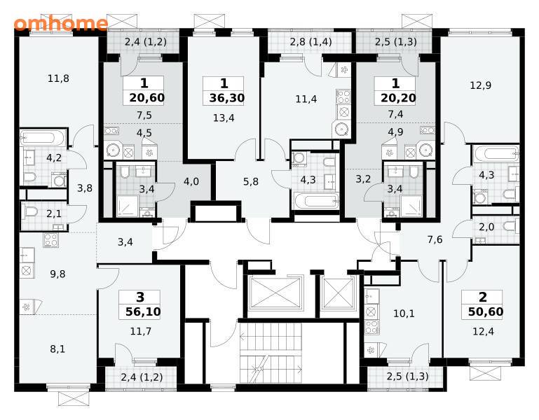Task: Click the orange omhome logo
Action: tap(61, 24)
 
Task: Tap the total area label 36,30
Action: tap(227, 98)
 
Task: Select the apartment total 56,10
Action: tap(143, 311)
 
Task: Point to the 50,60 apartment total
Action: tap(486, 311)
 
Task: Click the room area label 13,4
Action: tap(224, 118)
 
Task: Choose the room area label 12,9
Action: tap(481, 85)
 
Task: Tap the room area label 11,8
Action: tap(58, 78)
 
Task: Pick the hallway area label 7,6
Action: tap(435, 239)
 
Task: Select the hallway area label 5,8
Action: tap(251, 181)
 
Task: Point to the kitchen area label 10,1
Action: tap(404, 314)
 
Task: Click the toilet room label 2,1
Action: tap(54, 214)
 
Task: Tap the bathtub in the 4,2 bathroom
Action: tap(43, 138)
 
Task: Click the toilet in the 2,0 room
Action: tap(511, 226)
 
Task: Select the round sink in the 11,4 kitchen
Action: tap(341, 129)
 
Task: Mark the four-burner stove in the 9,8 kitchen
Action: tap(51, 240)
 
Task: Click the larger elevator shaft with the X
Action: tap(275, 293)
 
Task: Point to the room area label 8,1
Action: tap(57, 349)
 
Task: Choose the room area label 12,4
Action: tap(484, 331)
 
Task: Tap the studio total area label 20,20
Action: tap(398, 98)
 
